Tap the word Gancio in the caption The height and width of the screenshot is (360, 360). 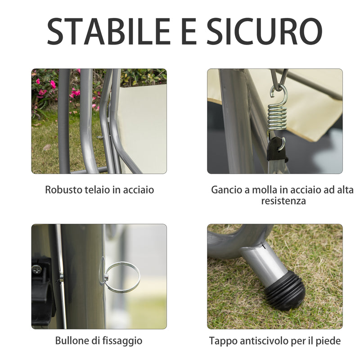tap(227, 190)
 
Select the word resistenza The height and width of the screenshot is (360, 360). tap(283, 201)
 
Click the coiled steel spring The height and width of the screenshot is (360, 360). tap(277, 115)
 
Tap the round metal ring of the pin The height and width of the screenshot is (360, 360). tap(122, 278)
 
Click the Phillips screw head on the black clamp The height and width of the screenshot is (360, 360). tap(36, 269)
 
